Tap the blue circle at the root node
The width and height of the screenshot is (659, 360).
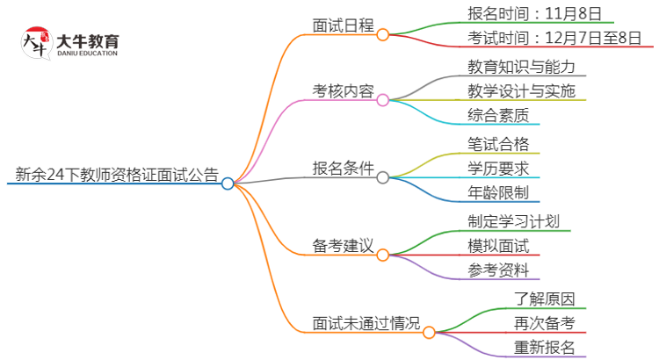(x=228, y=184)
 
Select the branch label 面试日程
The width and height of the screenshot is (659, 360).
(x=344, y=25)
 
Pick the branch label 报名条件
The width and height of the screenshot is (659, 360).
(x=344, y=168)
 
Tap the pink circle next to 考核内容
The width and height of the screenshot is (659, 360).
(x=382, y=100)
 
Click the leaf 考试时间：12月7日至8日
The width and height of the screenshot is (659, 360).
(x=555, y=38)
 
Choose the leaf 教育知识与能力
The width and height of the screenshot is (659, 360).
(x=522, y=66)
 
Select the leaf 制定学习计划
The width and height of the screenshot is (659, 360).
(x=514, y=220)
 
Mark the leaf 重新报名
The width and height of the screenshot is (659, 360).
(x=545, y=347)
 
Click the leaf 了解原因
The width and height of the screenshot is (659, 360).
(x=545, y=298)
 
